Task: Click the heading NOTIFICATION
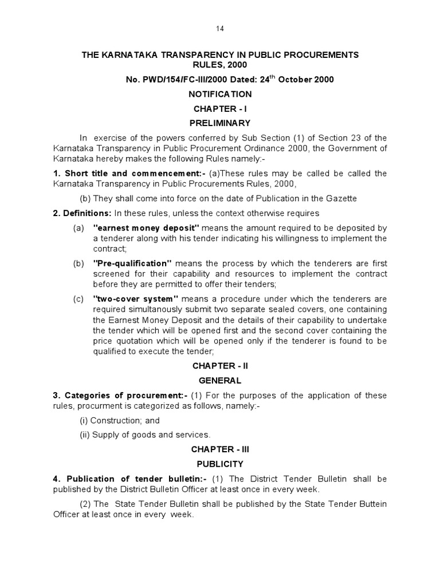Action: (221, 94)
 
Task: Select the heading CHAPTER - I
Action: (221, 108)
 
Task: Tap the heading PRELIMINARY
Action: (221, 123)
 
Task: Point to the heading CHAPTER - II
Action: (221, 365)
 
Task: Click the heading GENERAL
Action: (221, 380)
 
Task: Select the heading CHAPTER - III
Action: (221, 449)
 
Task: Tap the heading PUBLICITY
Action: (221, 464)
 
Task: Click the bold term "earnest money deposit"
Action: (146, 228)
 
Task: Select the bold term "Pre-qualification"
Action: (132, 263)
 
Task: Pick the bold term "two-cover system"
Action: (136, 299)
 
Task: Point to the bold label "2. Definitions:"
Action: (82, 213)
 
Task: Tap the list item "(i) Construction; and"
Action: (119, 420)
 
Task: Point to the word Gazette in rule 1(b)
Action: (339, 198)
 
